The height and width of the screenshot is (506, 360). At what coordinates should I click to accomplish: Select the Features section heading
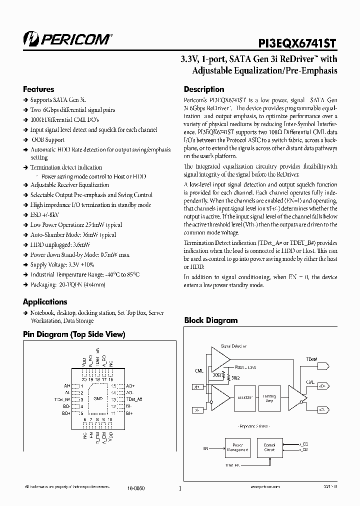pos(38,89)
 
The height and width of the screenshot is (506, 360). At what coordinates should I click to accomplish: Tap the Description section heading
pos(204,89)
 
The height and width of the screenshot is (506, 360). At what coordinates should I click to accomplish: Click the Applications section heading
pos(45,302)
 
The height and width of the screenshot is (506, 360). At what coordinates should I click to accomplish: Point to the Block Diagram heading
pos(211,320)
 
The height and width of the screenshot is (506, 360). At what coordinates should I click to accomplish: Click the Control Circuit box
pos(269,447)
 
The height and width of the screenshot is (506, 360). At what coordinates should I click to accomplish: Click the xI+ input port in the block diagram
pos(196,386)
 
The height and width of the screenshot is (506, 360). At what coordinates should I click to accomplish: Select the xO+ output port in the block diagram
pos(322,386)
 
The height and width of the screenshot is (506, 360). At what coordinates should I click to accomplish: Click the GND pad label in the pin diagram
pos(97,399)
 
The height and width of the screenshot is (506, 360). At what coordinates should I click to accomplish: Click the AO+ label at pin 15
pos(129,386)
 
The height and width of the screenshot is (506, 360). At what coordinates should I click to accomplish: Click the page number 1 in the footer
pos(179,489)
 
